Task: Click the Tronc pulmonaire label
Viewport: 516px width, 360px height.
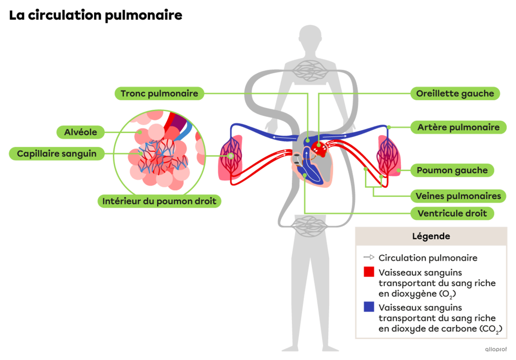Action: [159, 94]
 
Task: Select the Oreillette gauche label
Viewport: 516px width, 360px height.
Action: [455, 94]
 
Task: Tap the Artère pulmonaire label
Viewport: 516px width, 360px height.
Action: [458, 127]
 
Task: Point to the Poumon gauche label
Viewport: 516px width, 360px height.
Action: [452, 170]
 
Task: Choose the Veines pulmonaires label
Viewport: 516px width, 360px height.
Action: [458, 196]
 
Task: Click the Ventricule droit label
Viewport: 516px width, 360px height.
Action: [452, 213]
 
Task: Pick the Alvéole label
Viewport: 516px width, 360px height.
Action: [81, 132]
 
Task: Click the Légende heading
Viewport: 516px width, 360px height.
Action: [430, 236]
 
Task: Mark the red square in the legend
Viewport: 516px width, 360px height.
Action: [368, 272]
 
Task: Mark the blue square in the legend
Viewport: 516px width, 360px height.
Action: [368, 307]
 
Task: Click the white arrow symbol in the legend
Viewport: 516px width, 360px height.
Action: [369, 258]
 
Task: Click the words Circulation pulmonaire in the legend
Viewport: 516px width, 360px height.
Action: [428, 258]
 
